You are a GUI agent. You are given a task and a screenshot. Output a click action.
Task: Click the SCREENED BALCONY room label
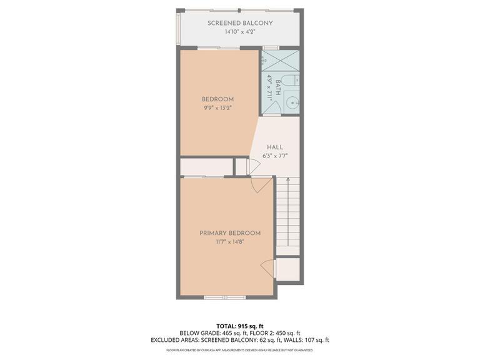coord(240,23)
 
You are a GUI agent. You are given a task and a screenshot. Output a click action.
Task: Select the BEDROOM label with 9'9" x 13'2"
coord(217,99)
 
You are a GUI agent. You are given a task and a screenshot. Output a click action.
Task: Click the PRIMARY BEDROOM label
coord(230,233)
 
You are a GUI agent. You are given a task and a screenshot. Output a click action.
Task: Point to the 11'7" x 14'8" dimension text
coord(230,242)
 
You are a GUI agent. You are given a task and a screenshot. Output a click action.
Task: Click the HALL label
coord(275,147)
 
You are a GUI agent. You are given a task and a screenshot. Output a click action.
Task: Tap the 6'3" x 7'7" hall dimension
coord(275,156)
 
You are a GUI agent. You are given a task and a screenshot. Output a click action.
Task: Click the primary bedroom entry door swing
coord(262,185)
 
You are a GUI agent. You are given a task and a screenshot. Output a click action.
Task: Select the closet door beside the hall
coord(253,166)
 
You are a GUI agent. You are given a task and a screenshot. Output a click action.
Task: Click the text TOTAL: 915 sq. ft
coord(240,326)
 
